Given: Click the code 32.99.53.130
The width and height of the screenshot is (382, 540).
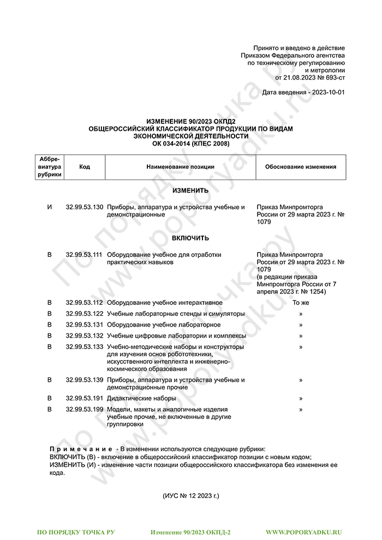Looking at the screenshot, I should tap(84, 208).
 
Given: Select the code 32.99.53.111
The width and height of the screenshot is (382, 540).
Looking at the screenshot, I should tap(84, 255).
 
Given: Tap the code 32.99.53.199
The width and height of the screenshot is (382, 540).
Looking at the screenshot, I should tap(84, 409).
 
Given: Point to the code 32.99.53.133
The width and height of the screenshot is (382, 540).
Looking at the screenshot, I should tap(84, 347).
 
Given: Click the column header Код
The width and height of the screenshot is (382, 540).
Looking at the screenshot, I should tap(84, 167).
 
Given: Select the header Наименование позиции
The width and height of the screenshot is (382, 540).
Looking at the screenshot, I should tap(180, 167).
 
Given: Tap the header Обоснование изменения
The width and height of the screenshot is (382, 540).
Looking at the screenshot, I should tap(301, 167).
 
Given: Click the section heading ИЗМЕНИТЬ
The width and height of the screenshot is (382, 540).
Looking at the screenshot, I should tap(190, 191).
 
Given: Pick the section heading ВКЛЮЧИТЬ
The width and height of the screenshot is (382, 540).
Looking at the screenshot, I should tap(190, 238).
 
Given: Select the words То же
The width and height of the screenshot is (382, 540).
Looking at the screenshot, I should tap(301, 302).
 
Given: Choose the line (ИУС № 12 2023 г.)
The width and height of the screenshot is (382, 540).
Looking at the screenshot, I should tap(190, 497).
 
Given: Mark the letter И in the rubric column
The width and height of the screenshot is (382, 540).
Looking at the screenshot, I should tap(50, 208).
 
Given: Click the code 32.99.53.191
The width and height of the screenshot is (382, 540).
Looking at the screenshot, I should tap(84, 399).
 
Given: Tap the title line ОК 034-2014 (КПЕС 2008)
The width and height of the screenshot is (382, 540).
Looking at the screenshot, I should tap(190, 143).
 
